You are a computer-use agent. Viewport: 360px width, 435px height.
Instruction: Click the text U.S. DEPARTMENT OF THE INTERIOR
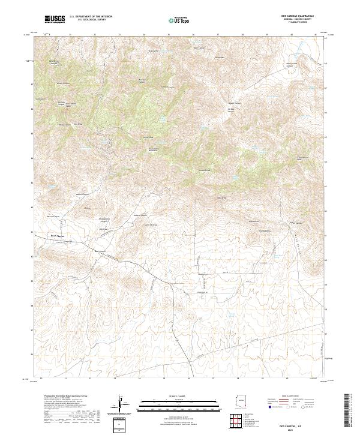tap(91, 16)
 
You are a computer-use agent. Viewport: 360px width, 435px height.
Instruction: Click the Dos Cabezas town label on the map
tap(57, 236)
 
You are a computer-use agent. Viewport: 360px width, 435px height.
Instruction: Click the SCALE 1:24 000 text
tap(179, 397)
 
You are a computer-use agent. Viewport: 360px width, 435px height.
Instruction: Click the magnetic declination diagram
tap(119, 403)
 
